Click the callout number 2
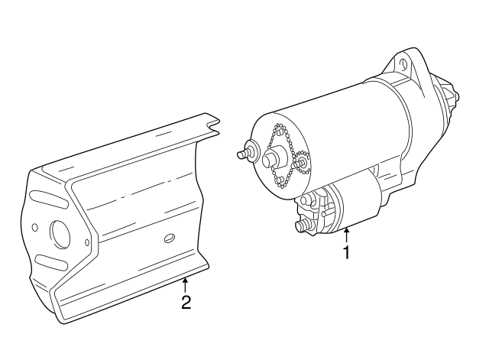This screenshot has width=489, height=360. pos(186,302)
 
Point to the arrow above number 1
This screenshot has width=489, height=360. pos(346,236)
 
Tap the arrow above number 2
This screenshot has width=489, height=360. pos(185,286)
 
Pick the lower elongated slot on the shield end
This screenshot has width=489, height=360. pos(50,264)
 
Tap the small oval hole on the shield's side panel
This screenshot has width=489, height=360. pos(169,238)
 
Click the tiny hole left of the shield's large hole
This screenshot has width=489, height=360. pos(34,228)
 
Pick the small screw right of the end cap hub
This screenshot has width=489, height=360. pos(301,163)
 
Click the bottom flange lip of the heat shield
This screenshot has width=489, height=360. pos(130,298)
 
